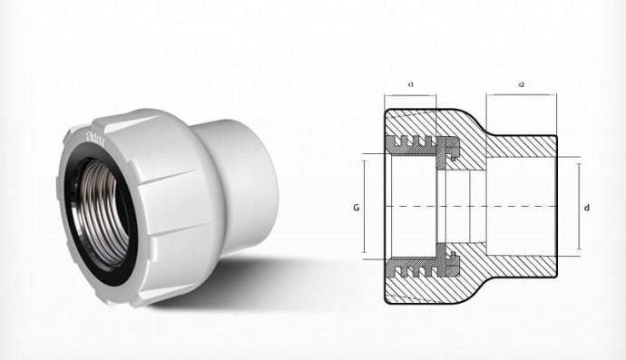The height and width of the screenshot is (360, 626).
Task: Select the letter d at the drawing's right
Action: tap(588, 207)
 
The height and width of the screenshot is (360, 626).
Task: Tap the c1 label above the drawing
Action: tap(411, 84)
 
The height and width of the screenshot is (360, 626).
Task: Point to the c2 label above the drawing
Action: tap(522, 84)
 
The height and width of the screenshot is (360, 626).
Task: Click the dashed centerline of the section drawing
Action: tap(472, 207)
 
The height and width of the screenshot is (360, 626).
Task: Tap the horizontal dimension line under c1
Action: tap(411, 94)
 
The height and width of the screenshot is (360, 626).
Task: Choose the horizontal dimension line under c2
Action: tap(522, 94)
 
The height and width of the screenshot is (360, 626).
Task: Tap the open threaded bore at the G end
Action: tap(408, 207)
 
